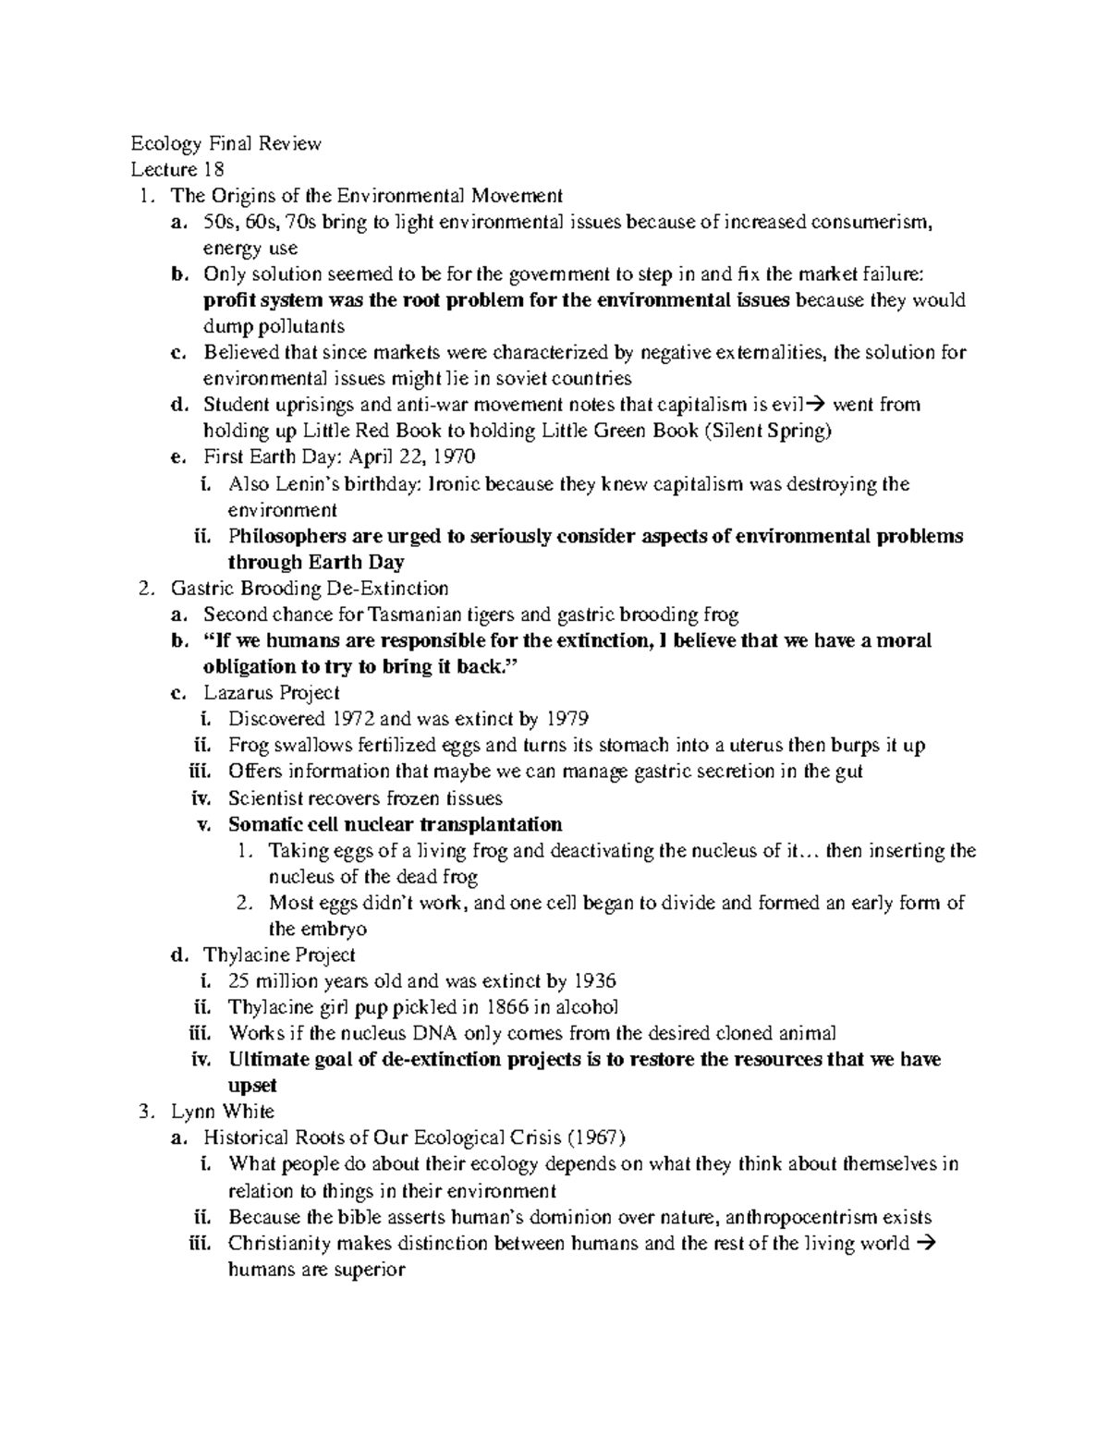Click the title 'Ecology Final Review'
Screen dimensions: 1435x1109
click(225, 143)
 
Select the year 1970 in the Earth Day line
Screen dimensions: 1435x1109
click(454, 456)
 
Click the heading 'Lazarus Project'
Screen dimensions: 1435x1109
click(272, 692)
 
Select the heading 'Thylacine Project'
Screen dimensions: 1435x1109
click(279, 955)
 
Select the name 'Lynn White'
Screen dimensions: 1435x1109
click(223, 1112)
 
